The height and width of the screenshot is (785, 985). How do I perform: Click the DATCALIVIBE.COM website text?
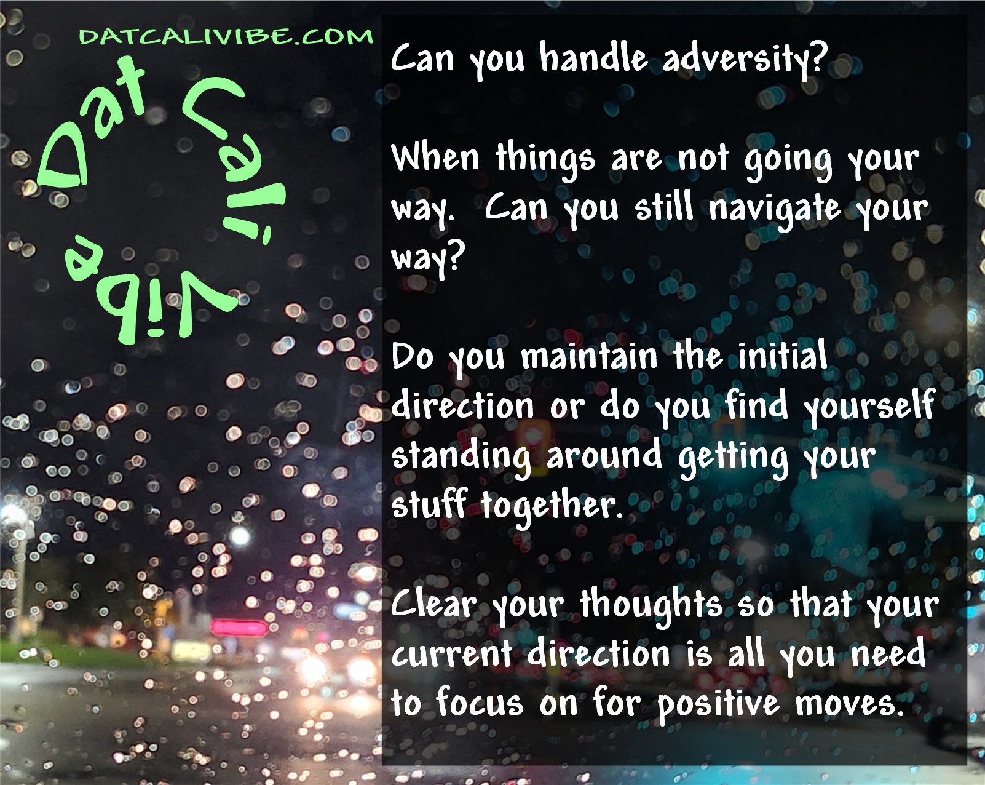pyautogui.click(x=226, y=36)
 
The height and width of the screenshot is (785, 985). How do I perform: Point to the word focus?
pyautogui.click(x=480, y=703)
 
